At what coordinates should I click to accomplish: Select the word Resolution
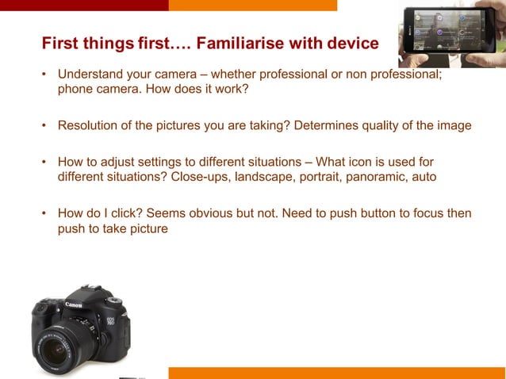pyautogui.click(x=89, y=125)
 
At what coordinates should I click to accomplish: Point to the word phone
pyautogui.click(x=75, y=89)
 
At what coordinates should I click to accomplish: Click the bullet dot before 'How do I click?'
pyautogui.click(x=45, y=213)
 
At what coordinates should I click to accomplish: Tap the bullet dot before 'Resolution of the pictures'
pyautogui.click(x=45, y=125)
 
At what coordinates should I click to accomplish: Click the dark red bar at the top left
pyautogui.click(x=84, y=5)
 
